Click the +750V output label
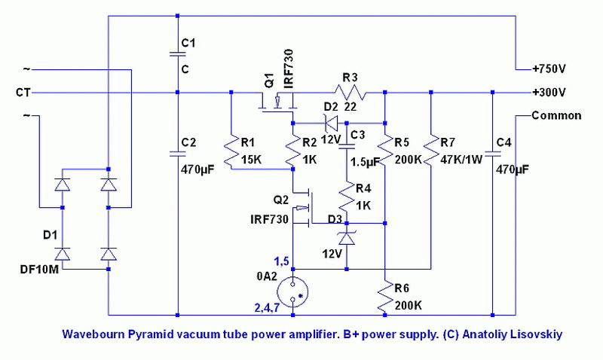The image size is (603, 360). [549, 69]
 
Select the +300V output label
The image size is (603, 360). [549, 93]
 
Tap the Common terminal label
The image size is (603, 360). [556, 116]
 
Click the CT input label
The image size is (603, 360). [23, 93]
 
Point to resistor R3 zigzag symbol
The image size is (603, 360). [349, 93]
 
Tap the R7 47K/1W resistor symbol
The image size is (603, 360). [430, 151]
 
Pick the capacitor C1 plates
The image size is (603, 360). [177, 53]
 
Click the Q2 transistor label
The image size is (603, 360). [281, 200]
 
